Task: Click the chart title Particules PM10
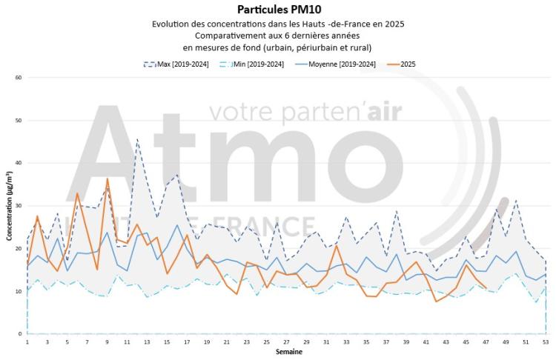click(x=278, y=10)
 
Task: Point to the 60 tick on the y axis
click(x=19, y=77)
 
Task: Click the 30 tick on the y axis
click(x=19, y=205)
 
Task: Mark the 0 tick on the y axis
click(x=20, y=334)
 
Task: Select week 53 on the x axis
click(x=546, y=341)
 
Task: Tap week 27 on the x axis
click(x=287, y=341)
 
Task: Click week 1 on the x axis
click(x=27, y=341)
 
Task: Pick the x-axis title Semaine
click(x=286, y=351)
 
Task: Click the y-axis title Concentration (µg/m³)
click(x=9, y=206)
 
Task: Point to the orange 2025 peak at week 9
click(x=107, y=179)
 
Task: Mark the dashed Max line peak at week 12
click(x=137, y=139)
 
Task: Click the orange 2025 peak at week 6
click(x=77, y=193)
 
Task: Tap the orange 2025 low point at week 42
click(x=436, y=301)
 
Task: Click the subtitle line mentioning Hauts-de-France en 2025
click(x=278, y=24)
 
